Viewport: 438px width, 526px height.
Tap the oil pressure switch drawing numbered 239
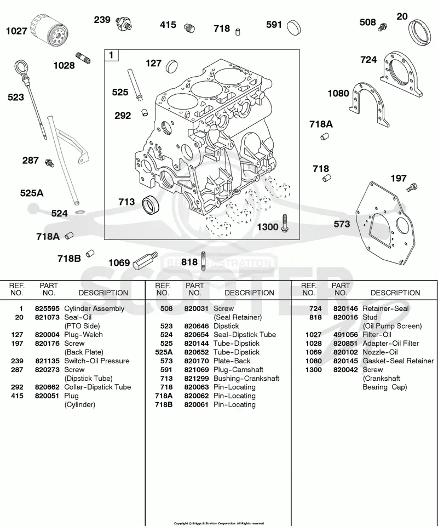(x=124, y=24)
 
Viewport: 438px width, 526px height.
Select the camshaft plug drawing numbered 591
(x=294, y=27)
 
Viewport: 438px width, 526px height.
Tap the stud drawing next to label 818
(x=204, y=261)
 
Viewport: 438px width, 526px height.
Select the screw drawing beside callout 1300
(x=285, y=223)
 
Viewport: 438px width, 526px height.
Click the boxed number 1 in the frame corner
(x=112, y=55)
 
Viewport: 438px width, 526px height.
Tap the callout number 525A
(x=32, y=193)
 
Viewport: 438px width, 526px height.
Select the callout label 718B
(x=69, y=259)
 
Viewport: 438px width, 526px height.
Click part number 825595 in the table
(x=47, y=308)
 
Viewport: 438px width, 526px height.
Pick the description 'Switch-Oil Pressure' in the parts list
(x=97, y=361)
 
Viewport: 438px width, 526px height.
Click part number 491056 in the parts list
(x=345, y=335)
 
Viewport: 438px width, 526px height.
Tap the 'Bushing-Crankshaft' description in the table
(x=246, y=379)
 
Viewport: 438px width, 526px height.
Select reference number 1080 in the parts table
(x=313, y=361)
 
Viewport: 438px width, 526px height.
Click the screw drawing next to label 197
(x=412, y=187)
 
